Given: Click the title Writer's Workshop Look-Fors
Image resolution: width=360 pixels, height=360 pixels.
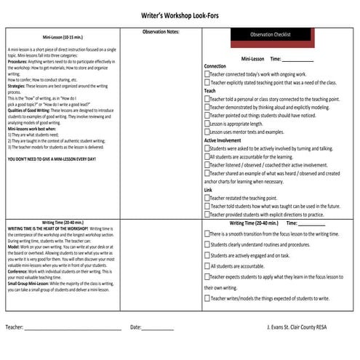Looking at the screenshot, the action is click(x=180, y=14).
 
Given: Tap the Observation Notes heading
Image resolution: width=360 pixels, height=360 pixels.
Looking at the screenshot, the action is click(x=162, y=32).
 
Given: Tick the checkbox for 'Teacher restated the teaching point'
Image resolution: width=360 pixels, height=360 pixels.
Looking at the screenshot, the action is click(x=207, y=197).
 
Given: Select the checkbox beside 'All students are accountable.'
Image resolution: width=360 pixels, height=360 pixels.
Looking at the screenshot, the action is click(x=207, y=266).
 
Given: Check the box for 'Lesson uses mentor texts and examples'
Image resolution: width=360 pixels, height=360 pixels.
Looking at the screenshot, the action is click(x=207, y=132).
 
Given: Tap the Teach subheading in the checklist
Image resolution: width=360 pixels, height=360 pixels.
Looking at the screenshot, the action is click(x=209, y=91).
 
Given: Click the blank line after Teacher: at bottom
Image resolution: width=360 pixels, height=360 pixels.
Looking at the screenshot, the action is click(x=73, y=328).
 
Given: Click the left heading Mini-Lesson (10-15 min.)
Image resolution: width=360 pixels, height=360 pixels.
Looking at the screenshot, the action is click(x=63, y=35).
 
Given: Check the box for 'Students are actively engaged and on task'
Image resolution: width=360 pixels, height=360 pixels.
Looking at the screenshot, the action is click(x=207, y=255).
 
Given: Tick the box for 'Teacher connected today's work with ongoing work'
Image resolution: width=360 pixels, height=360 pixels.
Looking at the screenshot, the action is click(x=207, y=74).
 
